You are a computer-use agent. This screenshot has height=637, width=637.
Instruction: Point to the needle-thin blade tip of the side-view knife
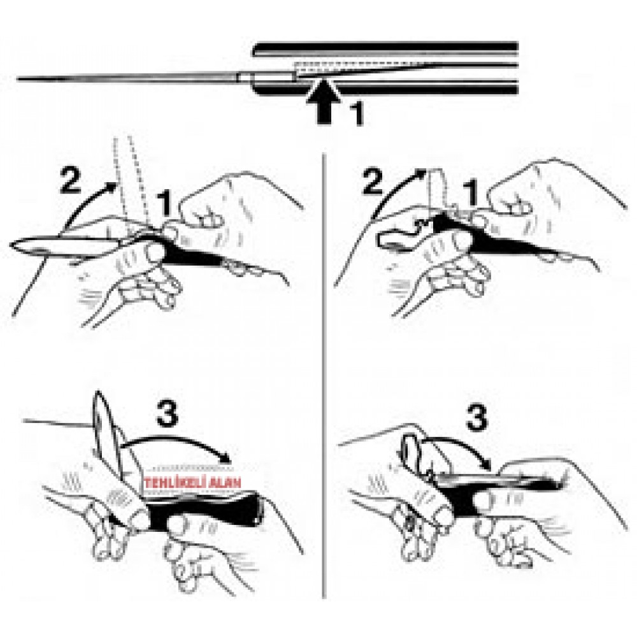click(18, 79)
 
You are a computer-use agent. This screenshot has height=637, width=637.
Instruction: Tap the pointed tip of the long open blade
click(11, 245)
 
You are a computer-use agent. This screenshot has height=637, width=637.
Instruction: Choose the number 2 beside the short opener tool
click(373, 182)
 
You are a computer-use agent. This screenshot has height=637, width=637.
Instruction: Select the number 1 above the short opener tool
click(471, 194)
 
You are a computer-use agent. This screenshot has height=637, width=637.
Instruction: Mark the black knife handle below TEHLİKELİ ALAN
click(199, 512)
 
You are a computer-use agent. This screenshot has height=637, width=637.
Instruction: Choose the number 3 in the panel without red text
click(476, 418)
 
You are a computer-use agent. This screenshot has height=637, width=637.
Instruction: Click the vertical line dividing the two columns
click(324, 376)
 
